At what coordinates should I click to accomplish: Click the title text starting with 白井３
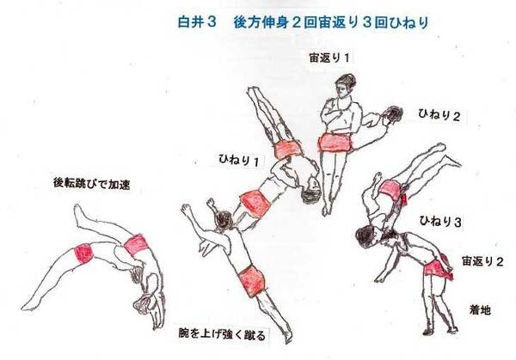coord(303,22)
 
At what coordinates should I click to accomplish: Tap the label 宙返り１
coord(329,58)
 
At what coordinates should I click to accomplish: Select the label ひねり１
coord(238,160)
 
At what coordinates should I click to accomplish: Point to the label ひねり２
coord(439,115)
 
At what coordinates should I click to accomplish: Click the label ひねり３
coord(440,221)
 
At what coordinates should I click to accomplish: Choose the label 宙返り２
coord(482,261)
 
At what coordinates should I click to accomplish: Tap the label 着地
coord(480,309)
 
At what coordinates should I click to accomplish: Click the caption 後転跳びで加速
coord(92,184)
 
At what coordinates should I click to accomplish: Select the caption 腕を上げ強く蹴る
coord(222,334)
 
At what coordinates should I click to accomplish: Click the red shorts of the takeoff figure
coord(251,280)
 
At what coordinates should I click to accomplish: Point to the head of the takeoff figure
coord(224,220)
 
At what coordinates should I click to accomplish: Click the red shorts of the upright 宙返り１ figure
coord(335,143)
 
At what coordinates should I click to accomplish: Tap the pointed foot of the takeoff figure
coord(288,337)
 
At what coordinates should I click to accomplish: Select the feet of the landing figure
coord(440,331)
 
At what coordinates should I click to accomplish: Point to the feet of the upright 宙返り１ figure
coord(327,209)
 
